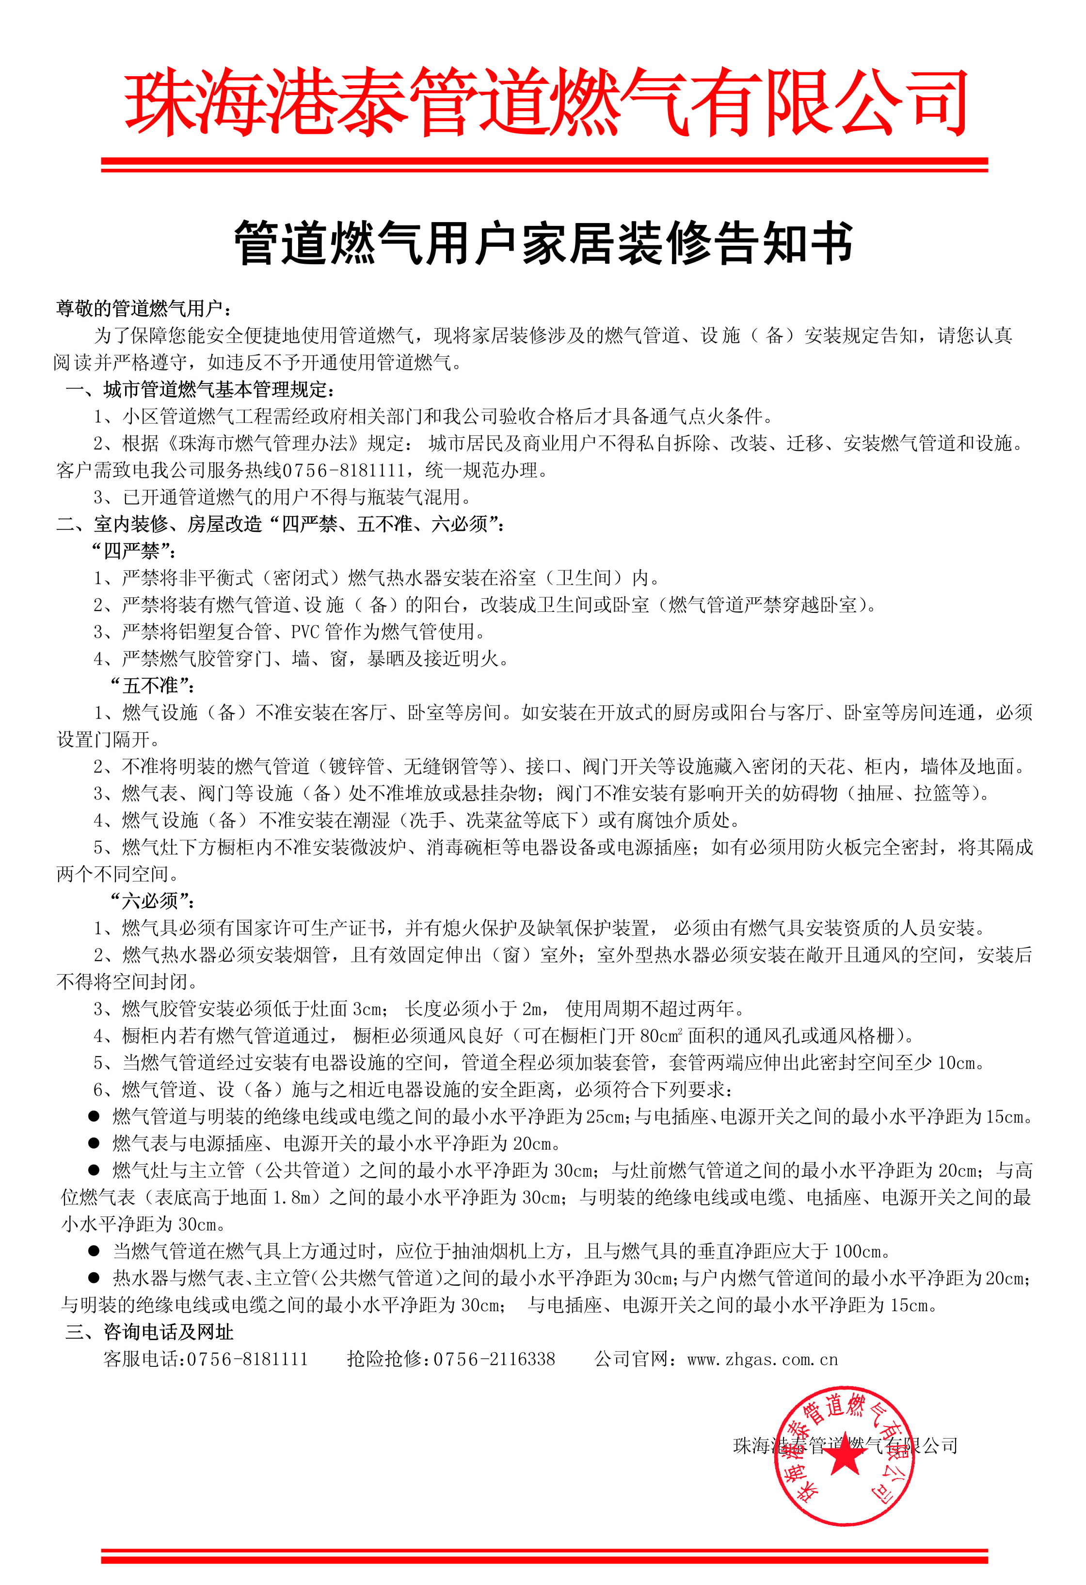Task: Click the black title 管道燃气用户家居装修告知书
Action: pos(543,243)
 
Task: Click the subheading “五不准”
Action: pos(152,686)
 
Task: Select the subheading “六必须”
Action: pos(152,901)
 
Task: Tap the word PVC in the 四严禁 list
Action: pos(305,632)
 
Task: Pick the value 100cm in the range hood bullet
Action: pos(862,1251)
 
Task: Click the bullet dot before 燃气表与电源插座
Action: pos(94,1144)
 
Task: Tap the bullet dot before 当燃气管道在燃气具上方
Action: pos(94,1251)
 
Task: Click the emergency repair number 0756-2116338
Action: pos(495,1359)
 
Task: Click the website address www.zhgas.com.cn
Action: pos(763,1359)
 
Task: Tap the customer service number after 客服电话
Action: pos(247,1359)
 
